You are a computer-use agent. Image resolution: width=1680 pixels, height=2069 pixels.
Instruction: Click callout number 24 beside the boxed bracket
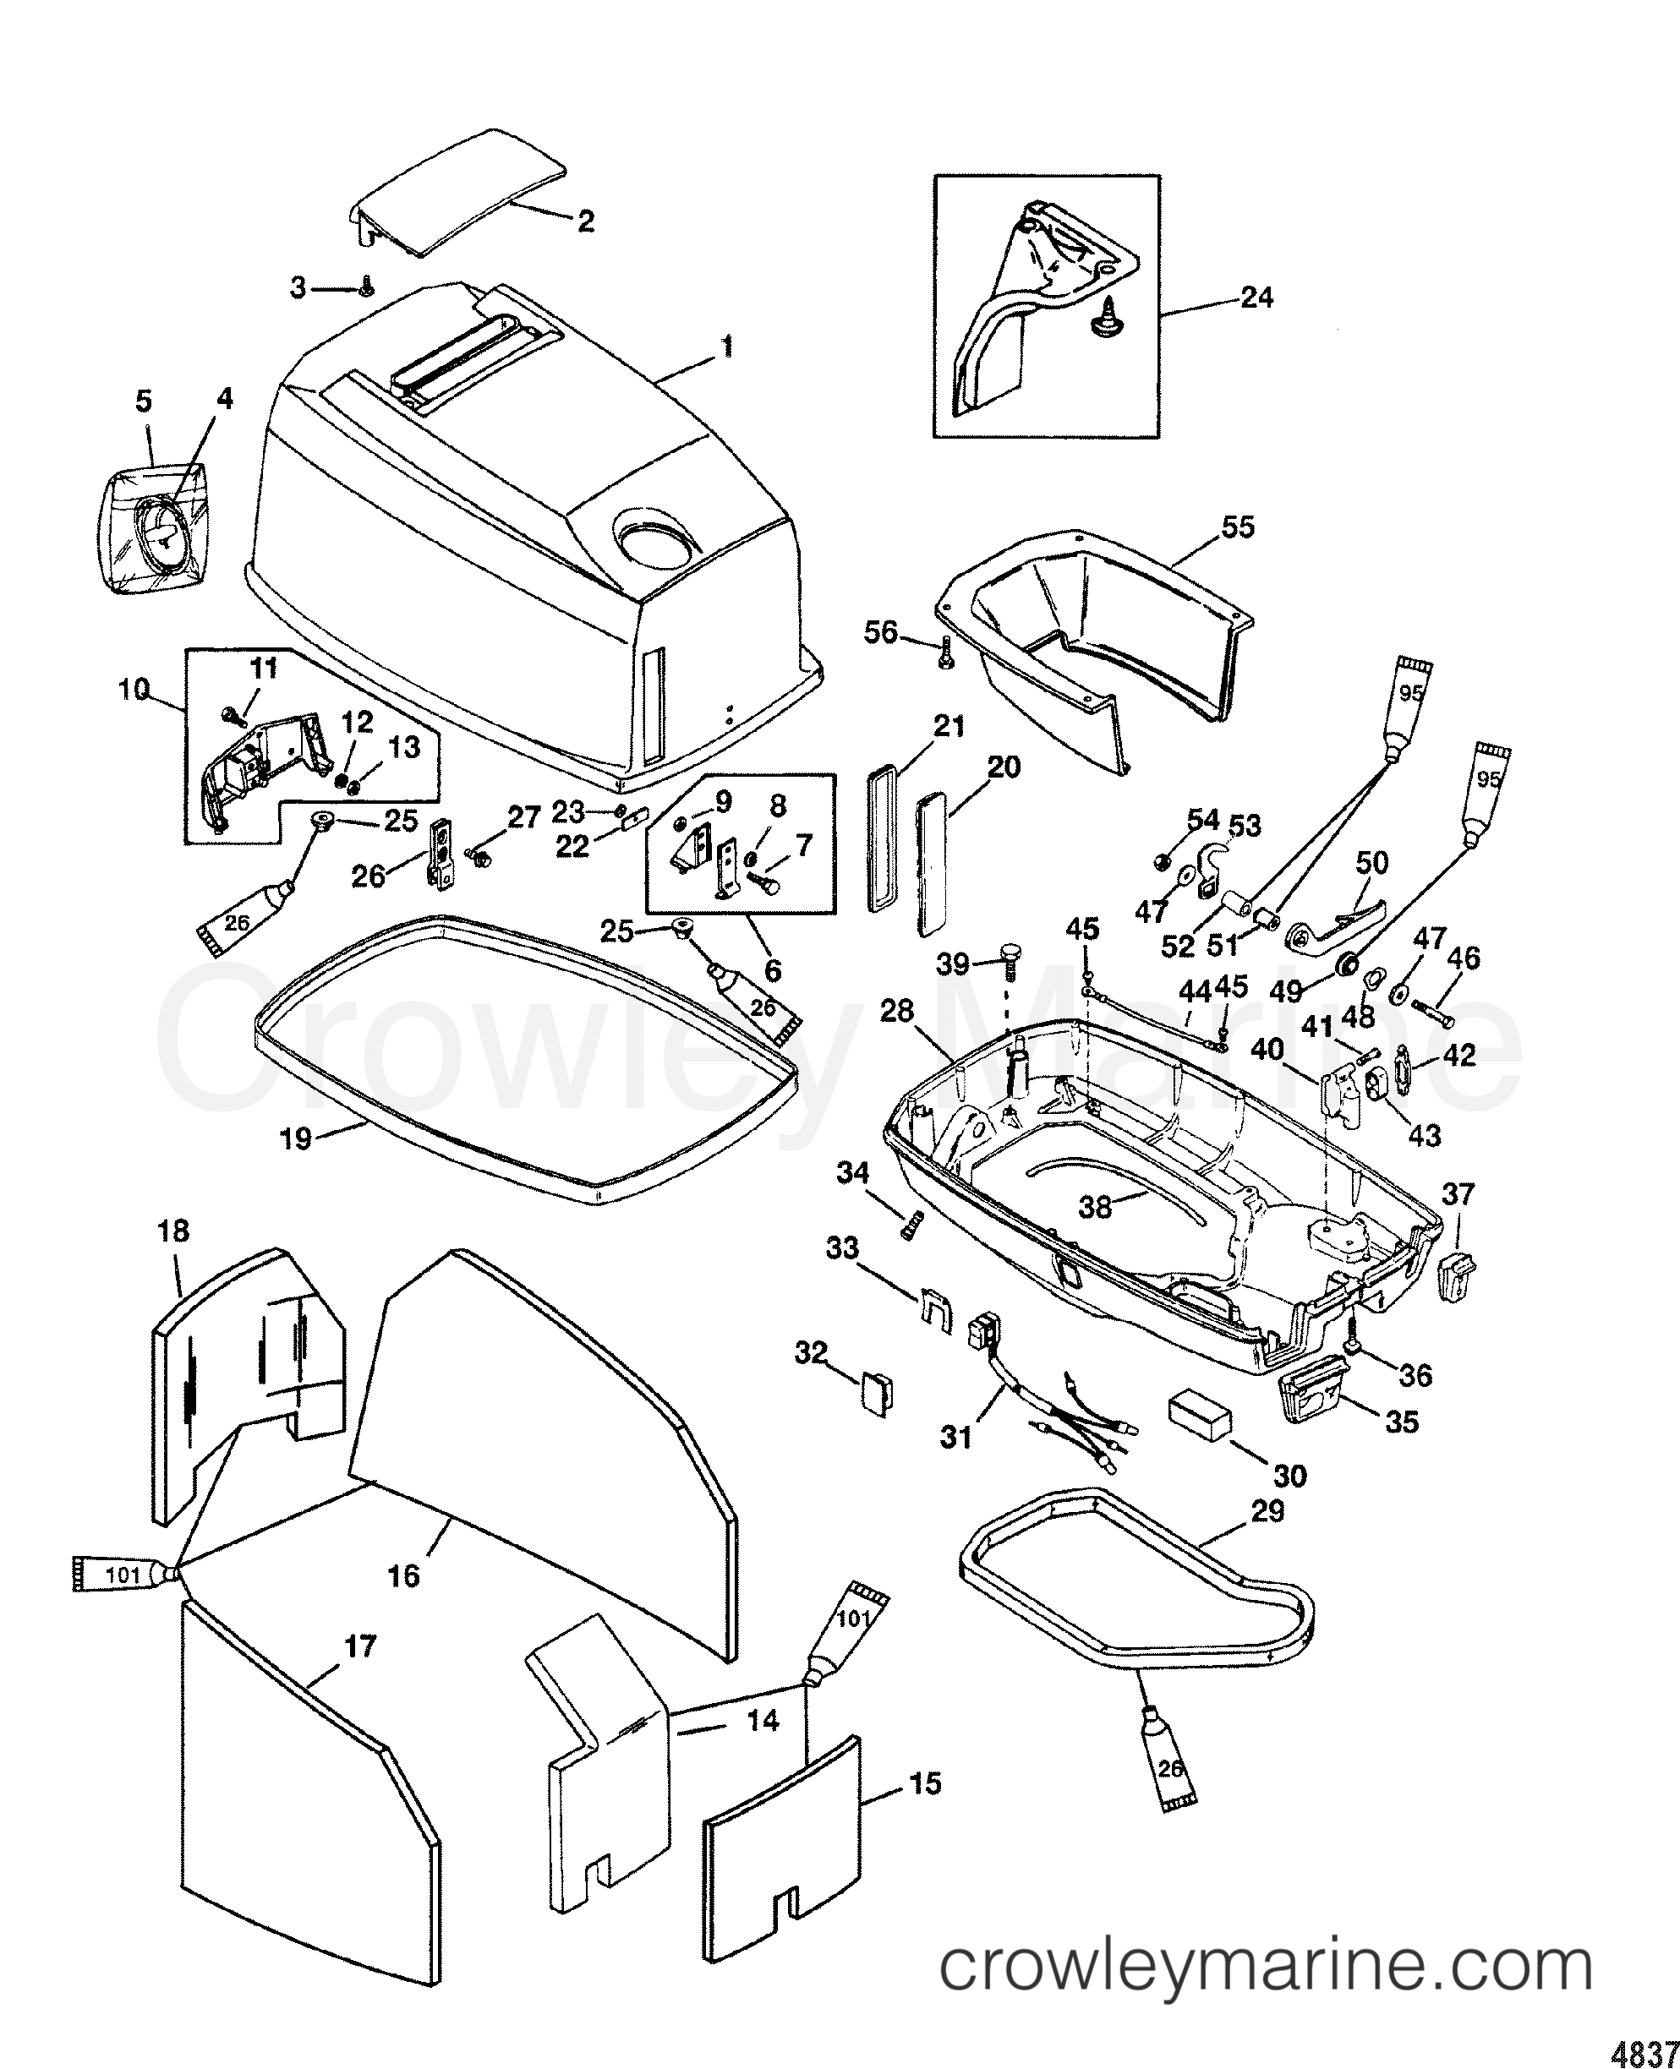pyautogui.click(x=1256, y=298)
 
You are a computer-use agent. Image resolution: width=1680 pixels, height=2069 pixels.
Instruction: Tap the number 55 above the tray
pyautogui.click(x=1238, y=527)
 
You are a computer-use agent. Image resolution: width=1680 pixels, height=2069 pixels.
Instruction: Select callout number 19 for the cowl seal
pyautogui.click(x=295, y=1138)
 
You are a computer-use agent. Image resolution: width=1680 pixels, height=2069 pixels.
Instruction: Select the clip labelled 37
pyautogui.click(x=1458, y=1275)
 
